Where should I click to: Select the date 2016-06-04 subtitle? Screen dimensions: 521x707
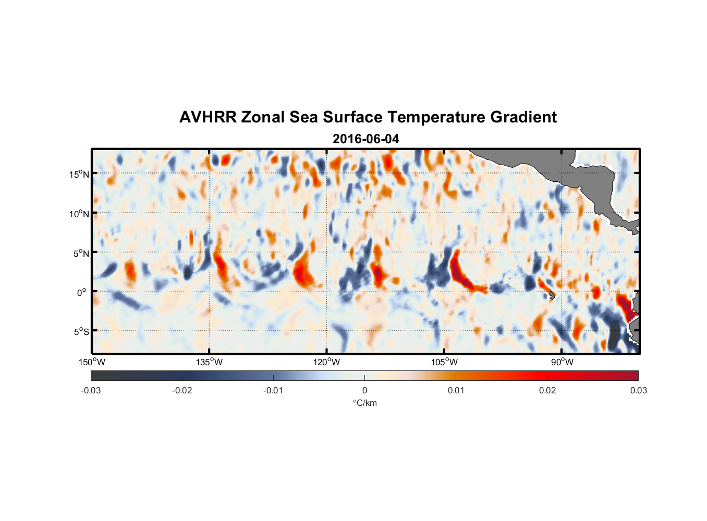[x=365, y=139]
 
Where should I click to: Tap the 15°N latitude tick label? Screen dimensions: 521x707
[x=79, y=174]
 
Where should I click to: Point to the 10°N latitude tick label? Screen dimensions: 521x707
[x=79, y=214]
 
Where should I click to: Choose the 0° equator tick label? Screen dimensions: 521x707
[x=82, y=292]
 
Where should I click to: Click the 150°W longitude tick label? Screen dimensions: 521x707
[x=92, y=362]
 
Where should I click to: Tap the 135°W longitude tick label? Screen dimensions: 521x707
[x=210, y=362]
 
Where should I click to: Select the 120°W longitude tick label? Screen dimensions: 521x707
[x=327, y=362]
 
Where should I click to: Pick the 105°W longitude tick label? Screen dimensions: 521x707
[x=444, y=362]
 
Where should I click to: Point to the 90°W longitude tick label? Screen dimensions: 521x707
[x=562, y=362]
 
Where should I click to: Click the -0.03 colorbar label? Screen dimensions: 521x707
[x=91, y=390]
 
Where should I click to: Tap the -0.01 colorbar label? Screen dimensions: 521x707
[x=273, y=390]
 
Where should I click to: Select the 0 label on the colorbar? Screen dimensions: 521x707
[x=364, y=390]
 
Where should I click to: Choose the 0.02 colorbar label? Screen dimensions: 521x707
[x=547, y=390]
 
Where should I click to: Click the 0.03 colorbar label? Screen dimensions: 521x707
[x=638, y=390]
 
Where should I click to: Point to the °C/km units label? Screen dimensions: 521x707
[x=365, y=403]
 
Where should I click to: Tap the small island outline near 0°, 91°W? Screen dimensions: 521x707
[x=552, y=295]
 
